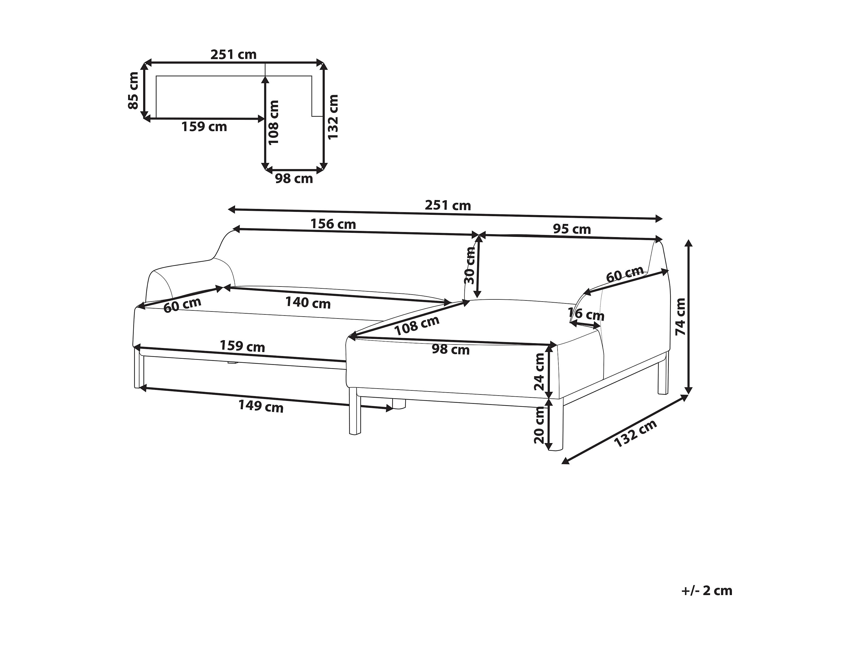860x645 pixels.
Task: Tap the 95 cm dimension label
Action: [x=572, y=229]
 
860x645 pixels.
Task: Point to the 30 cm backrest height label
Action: [x=470, y=266]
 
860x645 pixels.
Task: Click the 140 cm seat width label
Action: [x=308, y=302]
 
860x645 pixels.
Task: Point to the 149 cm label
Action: [x=261, y=406]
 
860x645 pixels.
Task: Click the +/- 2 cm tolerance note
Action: [x=707, y=601]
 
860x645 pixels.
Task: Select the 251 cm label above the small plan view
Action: [x=233, y=55]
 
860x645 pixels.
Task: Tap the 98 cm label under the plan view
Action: [x=294, y=179]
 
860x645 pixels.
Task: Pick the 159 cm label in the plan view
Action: [x=204, y=127]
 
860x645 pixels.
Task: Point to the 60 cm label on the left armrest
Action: [x=182, y=305]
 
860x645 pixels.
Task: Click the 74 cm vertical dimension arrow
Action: [x=689, y=317]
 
